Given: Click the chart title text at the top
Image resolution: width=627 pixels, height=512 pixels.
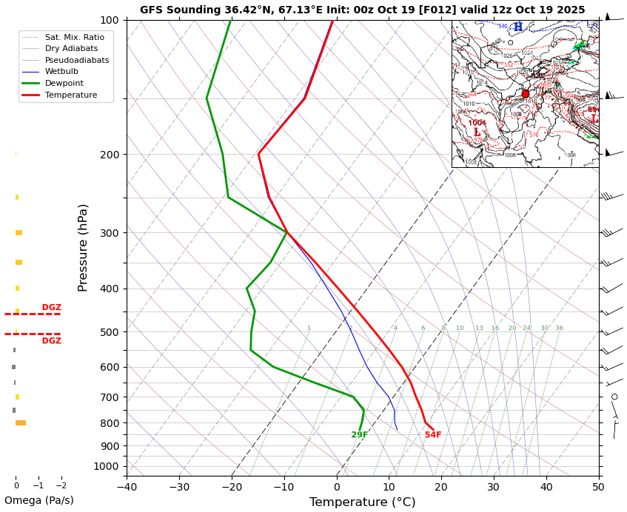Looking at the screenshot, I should (362, 10).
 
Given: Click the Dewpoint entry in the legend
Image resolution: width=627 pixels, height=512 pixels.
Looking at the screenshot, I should (64, 84).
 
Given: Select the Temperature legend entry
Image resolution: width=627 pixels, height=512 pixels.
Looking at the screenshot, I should (70, 95).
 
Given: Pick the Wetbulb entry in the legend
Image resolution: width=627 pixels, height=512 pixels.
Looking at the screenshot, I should (61, 72).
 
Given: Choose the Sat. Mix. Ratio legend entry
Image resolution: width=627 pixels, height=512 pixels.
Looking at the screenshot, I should (74, 37).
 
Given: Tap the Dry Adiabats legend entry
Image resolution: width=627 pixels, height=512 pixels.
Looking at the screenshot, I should (71, 48).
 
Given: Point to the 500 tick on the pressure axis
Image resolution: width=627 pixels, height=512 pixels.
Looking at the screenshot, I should (109, 332).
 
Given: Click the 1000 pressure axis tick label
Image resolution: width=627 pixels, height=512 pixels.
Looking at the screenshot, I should (106, 466).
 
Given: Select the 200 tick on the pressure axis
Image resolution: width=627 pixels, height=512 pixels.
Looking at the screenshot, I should (109, 155).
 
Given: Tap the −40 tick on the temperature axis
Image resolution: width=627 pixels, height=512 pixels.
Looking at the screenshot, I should (127, 487).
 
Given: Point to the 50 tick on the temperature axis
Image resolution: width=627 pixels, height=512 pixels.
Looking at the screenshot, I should (598, 487).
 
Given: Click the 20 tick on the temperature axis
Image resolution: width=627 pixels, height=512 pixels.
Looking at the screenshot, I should (441, 487).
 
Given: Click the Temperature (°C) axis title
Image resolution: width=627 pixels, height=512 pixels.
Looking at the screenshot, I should (362, 502).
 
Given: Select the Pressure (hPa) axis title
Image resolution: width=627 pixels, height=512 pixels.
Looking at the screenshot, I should (83, 247).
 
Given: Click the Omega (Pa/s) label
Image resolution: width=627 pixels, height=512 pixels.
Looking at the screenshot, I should (38, 500).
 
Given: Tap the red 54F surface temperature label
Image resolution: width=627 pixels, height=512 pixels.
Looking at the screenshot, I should (433, 435).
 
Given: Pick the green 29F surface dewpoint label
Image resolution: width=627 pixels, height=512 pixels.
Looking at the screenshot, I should (360, 435).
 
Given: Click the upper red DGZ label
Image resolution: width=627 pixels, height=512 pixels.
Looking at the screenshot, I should (52, 308).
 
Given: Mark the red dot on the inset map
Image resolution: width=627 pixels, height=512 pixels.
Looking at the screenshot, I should (526, 94).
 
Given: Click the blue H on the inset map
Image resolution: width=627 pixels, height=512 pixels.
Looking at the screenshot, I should (518, 27).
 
